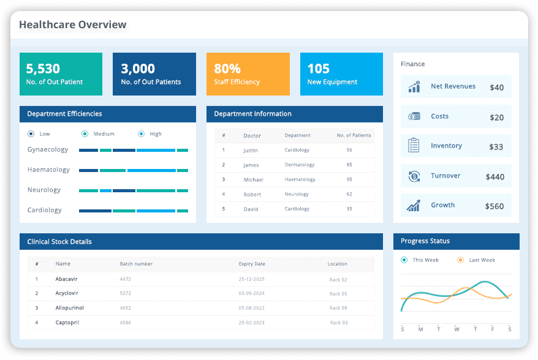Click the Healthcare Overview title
click(72, 25)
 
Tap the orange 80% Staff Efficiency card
click(248, 74)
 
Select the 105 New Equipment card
click(341, 74)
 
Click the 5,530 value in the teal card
click(43, 69)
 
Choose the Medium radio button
click(85, 134)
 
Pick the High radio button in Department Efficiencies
click(142, 134)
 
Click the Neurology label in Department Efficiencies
click(44, 190)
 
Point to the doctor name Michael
click(253, 180)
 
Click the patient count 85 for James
click(349, 165)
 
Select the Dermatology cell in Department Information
click(300, 165)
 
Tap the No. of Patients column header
click(354, 135)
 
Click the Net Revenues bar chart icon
click(414, 87)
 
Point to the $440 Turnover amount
click(494, 177)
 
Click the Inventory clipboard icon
click(414, 146)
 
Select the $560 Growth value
click(494, 206)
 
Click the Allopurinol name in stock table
click(69, 308)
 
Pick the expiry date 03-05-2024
click(252, 293)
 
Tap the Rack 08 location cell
click(338, 308)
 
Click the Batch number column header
click(136, 264)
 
